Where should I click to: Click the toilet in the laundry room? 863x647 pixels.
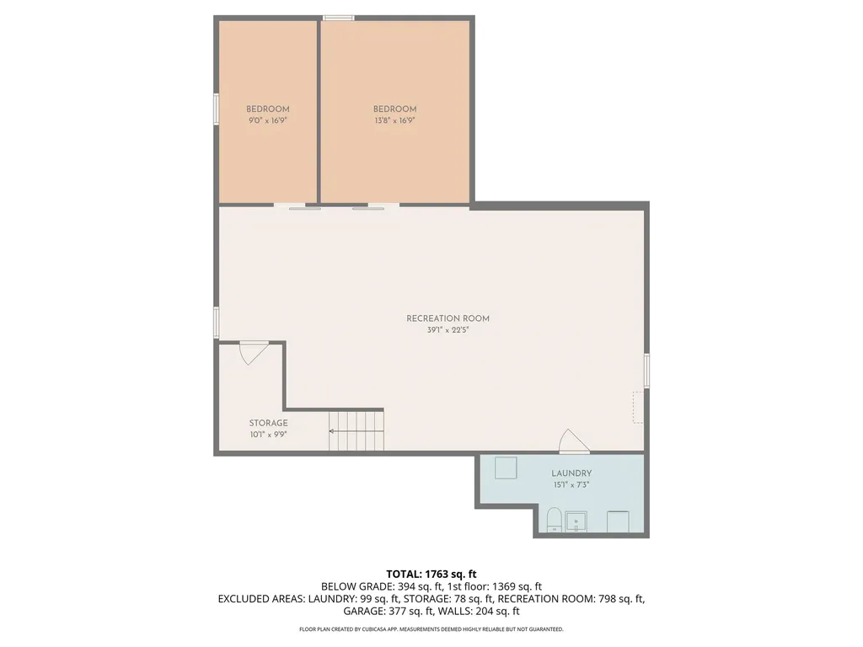coord(555,519)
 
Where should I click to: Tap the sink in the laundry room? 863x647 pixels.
coord(576,521)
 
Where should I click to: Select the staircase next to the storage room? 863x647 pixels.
coord(356,430)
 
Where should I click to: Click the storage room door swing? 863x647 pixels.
coord(253,351)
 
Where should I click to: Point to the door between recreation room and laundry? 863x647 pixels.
coord(574,442)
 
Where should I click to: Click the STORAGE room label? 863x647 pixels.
coord(268,423)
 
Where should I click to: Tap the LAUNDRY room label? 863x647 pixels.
coord(571,473)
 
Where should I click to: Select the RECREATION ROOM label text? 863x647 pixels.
coord(448,318)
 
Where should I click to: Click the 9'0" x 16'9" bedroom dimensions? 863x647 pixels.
coord(268,120)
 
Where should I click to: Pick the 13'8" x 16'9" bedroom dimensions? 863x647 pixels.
coord(394,120)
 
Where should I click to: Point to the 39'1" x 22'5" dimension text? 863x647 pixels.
coord(448,330)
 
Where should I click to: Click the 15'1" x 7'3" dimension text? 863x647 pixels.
coord(571,484)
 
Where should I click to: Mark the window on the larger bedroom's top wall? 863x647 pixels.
coord(339,17)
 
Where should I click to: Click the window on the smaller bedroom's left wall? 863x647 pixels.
coord(217,109)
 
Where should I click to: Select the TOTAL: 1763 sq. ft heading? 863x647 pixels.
coord(431,574)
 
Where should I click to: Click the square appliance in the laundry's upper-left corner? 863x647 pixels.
coord(506,468)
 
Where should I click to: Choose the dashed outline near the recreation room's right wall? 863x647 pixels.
coord(637,407)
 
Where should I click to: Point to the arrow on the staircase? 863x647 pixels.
coord(334,431)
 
